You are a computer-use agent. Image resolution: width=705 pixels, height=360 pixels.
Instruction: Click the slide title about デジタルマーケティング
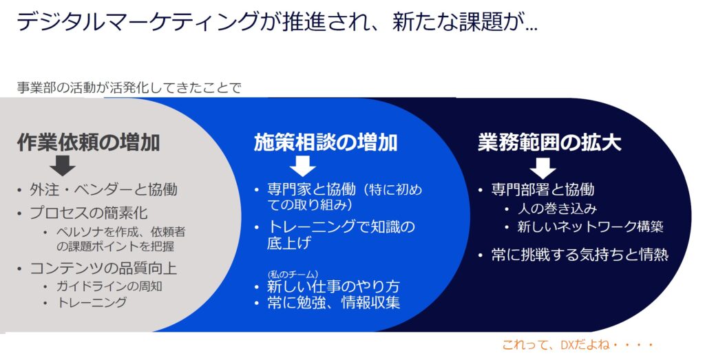point(277,21)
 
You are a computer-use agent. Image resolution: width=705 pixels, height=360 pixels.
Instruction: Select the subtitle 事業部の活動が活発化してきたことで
point(129,87)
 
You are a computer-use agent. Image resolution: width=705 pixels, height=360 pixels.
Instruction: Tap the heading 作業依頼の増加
point(89,142)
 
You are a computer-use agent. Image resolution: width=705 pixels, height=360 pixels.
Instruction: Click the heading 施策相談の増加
point(326,142)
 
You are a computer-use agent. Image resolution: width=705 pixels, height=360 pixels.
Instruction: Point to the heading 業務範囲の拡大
point(549,142)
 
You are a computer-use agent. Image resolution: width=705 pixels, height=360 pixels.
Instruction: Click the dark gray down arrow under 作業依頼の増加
point(63,165)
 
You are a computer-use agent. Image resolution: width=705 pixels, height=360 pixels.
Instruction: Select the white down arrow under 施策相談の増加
point(303,165)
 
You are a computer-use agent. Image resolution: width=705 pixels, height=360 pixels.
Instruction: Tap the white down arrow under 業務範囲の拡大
point(543,168)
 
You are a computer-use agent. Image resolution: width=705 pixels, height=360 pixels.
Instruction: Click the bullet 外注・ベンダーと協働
point(103,189)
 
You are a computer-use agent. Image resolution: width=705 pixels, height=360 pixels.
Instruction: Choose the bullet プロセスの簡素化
point(89,213)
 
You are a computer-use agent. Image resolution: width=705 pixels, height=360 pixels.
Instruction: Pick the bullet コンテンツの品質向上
point(103,268)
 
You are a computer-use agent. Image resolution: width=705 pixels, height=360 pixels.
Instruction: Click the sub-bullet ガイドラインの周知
point(109,286)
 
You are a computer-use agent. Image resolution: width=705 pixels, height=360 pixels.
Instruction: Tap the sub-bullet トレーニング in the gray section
point(92,302)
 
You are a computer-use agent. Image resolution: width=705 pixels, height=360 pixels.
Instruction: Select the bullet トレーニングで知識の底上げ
point(341,234)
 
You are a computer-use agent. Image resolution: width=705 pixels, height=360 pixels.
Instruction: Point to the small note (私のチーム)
point(293,274)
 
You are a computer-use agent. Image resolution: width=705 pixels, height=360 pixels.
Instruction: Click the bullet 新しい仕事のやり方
point(333,286)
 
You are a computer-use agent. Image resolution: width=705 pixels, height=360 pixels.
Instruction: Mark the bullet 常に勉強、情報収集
point(333,302)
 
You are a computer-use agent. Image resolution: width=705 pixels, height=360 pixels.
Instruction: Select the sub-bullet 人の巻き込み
point(557,209)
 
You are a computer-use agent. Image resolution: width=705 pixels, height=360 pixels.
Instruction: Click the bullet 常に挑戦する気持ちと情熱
point(580,255)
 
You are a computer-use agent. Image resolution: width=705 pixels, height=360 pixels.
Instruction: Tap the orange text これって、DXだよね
point(578,345)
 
